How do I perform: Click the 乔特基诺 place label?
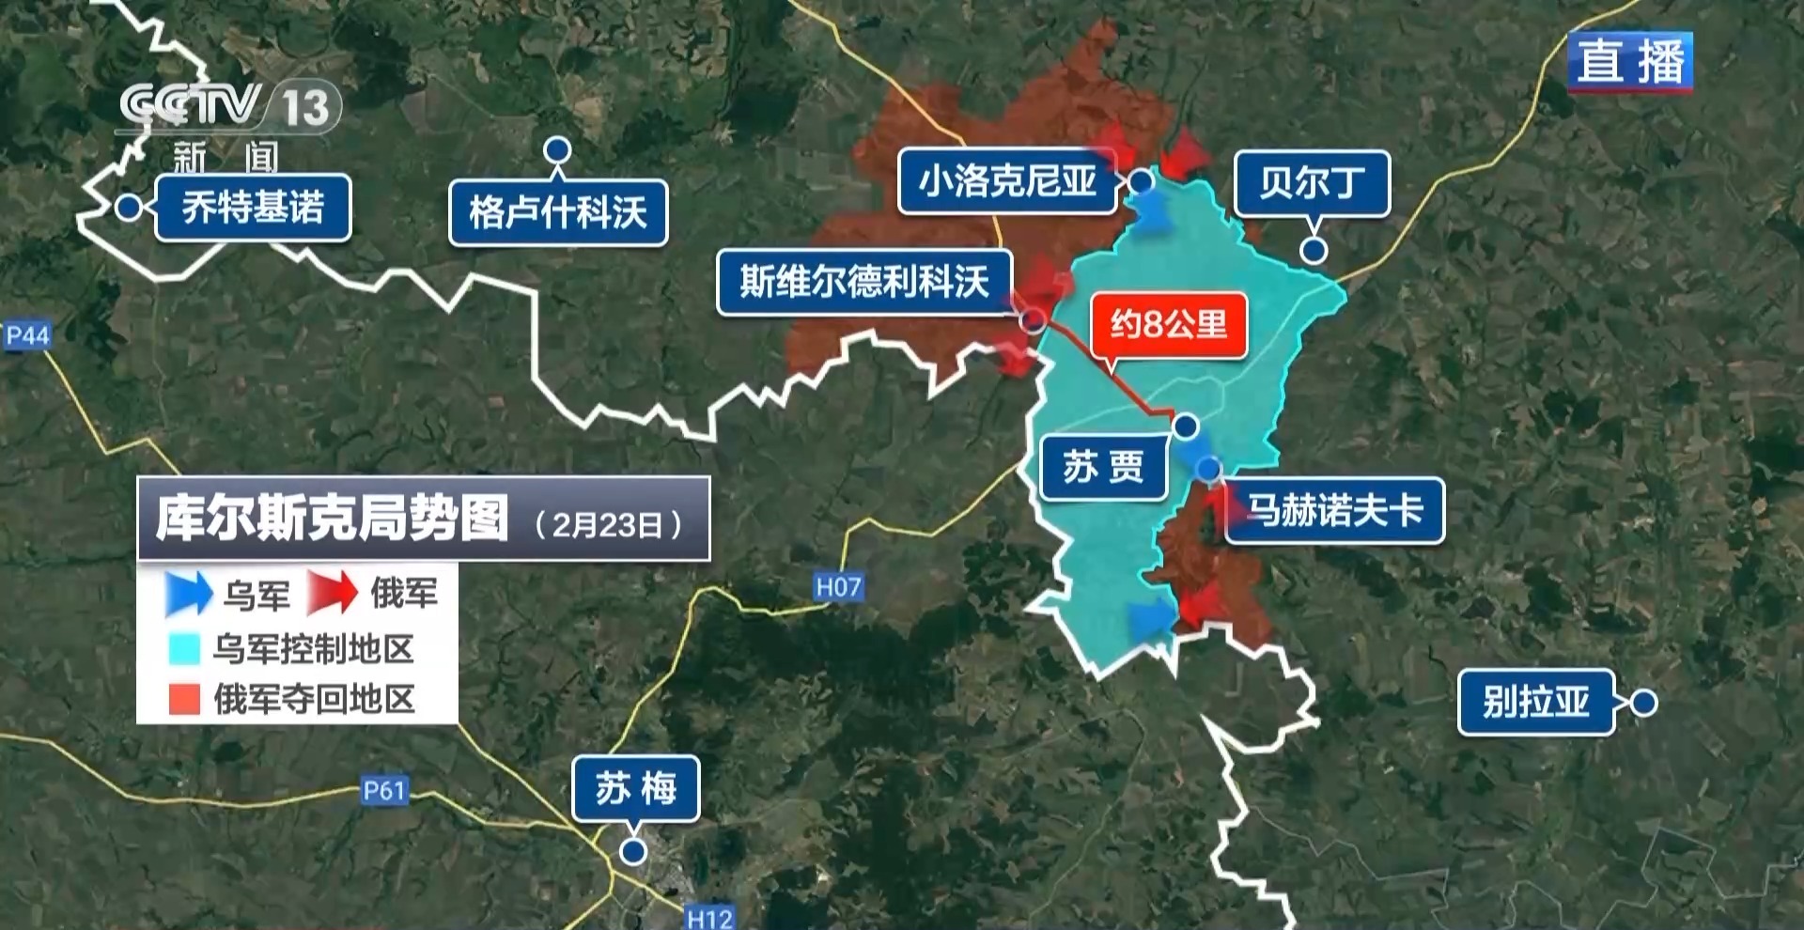tap(252, 208)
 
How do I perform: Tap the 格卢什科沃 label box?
tap(558, 213)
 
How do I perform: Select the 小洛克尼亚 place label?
tap(1007, 180)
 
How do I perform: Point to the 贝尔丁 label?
tap(1312, 183)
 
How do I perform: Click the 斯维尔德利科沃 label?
tap(864, 282)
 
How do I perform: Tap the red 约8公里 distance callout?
tap(1169, 325)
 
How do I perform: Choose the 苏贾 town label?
tap(1103, 467)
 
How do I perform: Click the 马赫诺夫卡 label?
tap(1334, 511)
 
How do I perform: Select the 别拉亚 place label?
tap(1535, 702)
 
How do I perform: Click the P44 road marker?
tap(27, 335)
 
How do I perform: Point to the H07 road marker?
tap(838, 587)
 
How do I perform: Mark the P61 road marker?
tap(384, 790)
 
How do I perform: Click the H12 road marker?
tap(709, 918)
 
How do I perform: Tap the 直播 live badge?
tap(1630, 62)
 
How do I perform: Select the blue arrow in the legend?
tap(188, 593)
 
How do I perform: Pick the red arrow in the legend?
tap(333, 593)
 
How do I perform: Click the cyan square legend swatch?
tap(184, 649)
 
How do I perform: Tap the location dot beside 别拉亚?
tap(1643, 703)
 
